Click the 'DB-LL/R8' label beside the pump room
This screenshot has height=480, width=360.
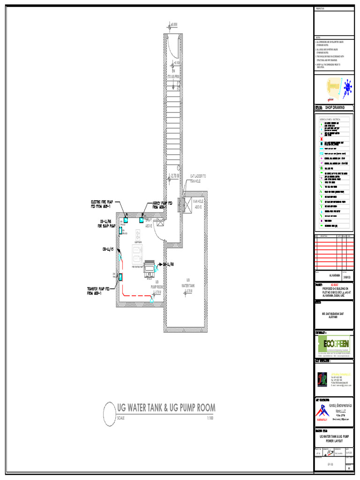169,264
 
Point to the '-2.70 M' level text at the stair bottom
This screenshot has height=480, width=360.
175,176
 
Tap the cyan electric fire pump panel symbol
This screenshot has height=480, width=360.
126,219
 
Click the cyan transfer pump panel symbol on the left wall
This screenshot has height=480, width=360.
120,277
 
